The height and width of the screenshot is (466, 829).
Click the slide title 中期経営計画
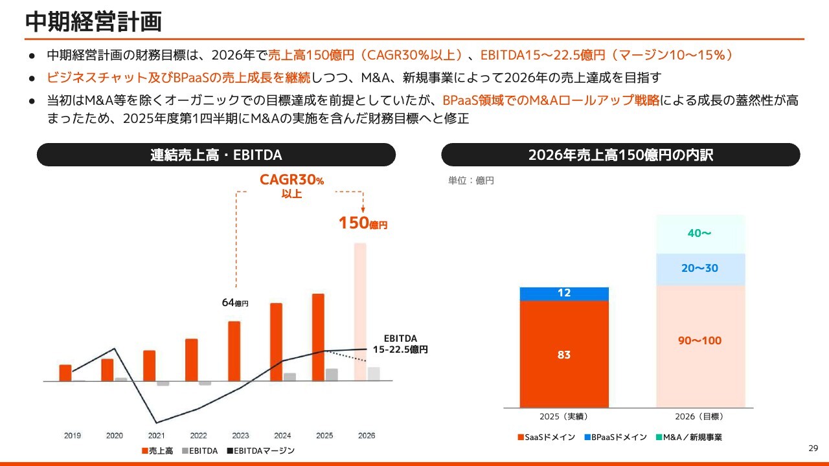tap(93, 21)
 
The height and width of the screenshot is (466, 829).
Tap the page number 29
tap(813, 449)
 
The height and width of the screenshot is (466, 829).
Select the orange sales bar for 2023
tap(234, 351)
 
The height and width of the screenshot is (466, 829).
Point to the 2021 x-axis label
tap(156, 436)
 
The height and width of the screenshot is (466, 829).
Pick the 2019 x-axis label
tap(73, 436)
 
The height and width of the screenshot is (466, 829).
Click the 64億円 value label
tap(235, 302)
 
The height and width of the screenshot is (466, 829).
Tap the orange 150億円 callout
tap(363, 224)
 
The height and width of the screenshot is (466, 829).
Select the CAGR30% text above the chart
tap(291, 181)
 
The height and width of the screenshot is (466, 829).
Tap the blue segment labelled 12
tap(564, 294)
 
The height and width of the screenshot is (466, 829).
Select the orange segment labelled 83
tap(564, 354)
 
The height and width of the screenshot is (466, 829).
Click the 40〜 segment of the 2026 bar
tap(700, 234)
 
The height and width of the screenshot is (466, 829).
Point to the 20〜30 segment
tap(700, 269)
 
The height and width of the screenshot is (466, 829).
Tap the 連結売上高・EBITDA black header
tap(216, 155)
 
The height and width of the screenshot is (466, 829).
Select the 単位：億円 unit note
tap(471, 181)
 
